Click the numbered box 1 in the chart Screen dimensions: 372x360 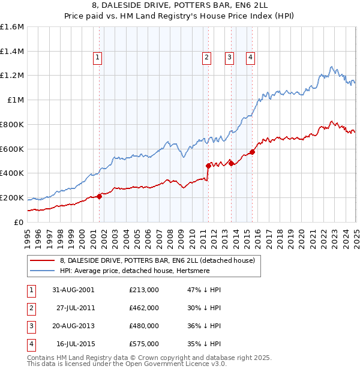(97, 58)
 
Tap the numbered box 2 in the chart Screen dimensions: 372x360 (206, 58)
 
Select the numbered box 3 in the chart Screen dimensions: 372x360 (229, 58)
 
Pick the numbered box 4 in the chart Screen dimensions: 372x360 (250, 58)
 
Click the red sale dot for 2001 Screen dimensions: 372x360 (100, 196)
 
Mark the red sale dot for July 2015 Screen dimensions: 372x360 (252, 152)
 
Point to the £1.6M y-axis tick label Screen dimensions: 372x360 (13, 27)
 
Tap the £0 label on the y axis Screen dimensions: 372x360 (19, 222)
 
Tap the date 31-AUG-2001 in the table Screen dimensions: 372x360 (73, 290)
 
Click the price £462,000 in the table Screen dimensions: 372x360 (144, 308)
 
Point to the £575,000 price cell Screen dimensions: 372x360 (144, 344)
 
